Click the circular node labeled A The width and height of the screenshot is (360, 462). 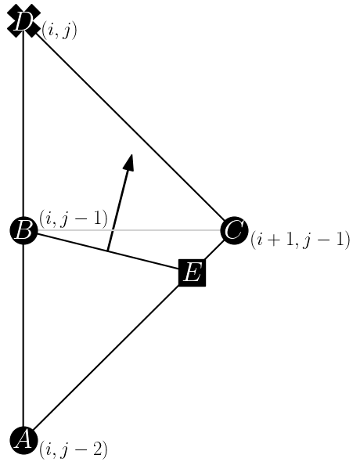(23, 439)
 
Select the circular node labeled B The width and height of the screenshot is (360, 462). (23, 231)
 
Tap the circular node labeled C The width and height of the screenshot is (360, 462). (234, 231)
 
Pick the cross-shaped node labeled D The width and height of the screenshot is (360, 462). (23, 21)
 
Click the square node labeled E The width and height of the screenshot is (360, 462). (192, 273)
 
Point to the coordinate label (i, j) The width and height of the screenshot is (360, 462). (59, 31)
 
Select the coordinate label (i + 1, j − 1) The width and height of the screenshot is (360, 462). (300, 240)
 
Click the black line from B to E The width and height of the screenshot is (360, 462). (70, 242)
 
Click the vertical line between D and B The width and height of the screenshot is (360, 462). (23, 125)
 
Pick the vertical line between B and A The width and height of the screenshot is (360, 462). (23, 337)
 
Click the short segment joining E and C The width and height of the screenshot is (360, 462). (213, 252)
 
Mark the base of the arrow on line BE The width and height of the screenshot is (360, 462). (108, 251)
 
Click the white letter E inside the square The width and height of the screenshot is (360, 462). (192, 273)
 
